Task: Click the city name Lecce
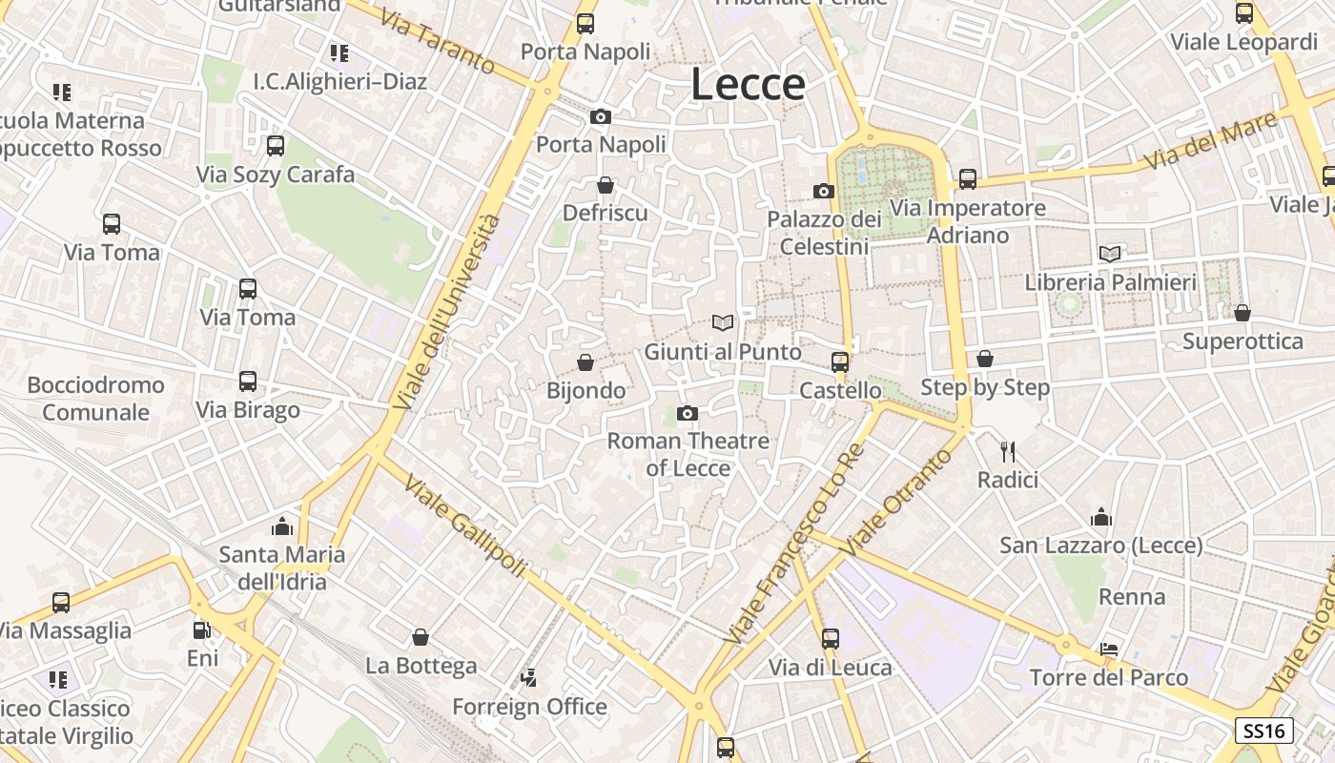coord(748,84)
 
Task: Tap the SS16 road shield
coord(1264,732)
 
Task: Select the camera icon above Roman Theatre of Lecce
coord(688,413)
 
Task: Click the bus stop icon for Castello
coord(840,362)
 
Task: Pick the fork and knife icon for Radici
coord(1007,451)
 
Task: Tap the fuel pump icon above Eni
coord(202,630)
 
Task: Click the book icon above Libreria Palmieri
coord(1110,254)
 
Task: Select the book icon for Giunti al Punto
coord(723,323)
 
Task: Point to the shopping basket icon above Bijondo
coord(585,362)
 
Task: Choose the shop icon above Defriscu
coord(605,185)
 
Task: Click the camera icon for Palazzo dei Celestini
coord(824,192)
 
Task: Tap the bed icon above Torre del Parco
coord(1109,650)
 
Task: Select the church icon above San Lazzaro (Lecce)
coord(1101,517)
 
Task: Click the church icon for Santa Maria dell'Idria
coord(282,526)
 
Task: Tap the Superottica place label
coord(1243,341)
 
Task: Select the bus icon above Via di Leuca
coord(831,639)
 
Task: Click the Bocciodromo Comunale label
coord(95,399)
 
